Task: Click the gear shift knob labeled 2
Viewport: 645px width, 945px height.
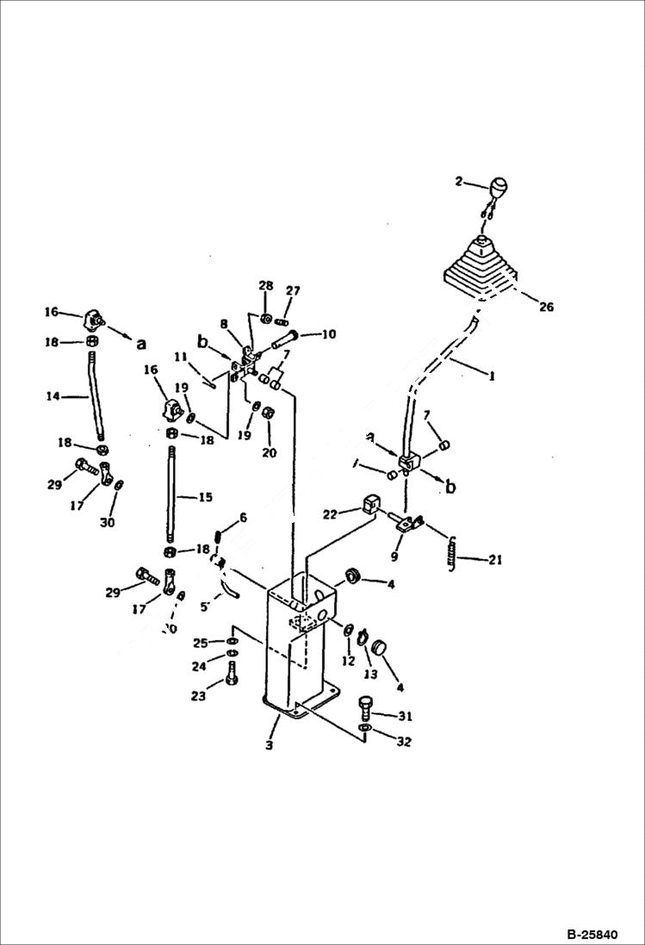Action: [499, 187]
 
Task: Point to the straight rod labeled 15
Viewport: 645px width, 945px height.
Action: [174, 498]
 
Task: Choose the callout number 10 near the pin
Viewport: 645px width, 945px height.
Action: [328, 334]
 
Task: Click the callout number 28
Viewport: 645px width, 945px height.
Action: [265, 285]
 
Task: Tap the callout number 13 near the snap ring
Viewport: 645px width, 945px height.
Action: [371, 675]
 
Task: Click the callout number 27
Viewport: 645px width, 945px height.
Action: [293, 290]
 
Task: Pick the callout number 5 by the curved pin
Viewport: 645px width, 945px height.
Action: [203, 606]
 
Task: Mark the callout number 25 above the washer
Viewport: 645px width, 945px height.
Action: [200, 643]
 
